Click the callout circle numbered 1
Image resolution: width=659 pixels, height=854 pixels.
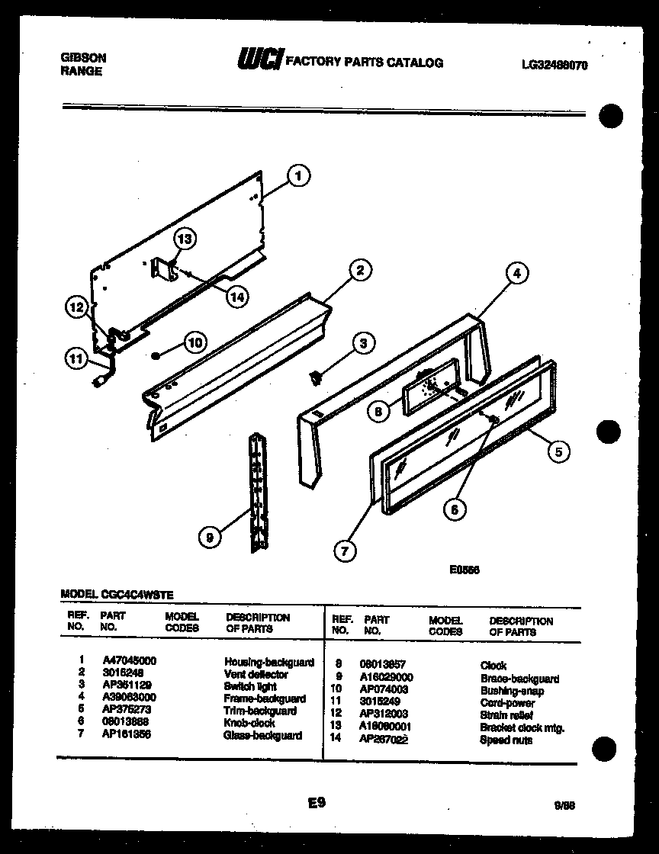[x=298, y=176]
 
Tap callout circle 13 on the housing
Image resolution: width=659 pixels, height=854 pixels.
[x=185, y=239]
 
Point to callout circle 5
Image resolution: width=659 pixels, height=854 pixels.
[x=558, y=452]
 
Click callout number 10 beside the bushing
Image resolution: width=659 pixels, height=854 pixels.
[x=195, y=343]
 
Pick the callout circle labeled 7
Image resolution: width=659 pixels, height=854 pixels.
[x=344, y=551]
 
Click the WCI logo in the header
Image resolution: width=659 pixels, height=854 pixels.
[x=261, y=61]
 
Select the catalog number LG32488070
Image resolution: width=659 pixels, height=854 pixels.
[x=555, y=66]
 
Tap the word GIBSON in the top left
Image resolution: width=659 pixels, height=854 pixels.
[x=82, y=58]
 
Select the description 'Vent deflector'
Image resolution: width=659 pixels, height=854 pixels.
[x=256, y=675]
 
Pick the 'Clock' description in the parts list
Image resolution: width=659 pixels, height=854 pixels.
[x=493, y=666]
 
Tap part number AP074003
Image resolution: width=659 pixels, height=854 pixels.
[x=384, y=689]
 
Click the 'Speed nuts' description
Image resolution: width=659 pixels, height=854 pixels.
[x=506, y=740]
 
